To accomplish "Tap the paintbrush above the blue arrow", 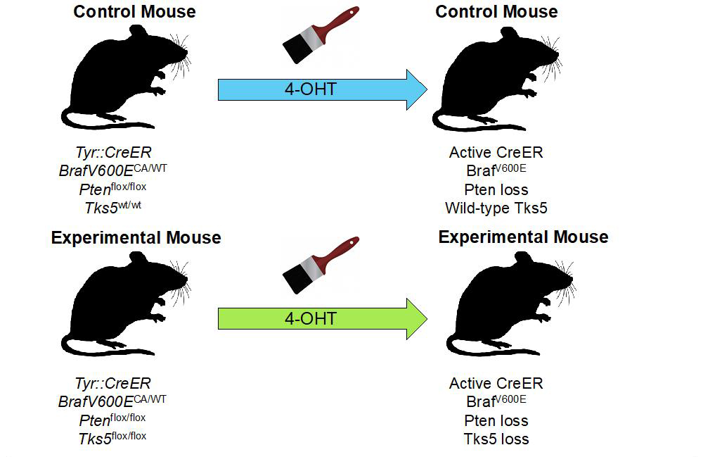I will [x=320, y=35].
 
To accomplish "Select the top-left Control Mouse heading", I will [x=134, y=12].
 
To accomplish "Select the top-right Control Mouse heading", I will [x=496, y=12].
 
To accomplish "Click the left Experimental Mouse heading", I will [x=136, y=238].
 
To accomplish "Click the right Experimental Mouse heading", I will [x=523, y=237].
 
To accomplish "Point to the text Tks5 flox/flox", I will [x=112, y=438].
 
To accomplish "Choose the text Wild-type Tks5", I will [x=496, y=208].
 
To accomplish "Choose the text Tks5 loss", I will [x=496, y=439].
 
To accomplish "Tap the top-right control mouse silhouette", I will [x=492, y=77].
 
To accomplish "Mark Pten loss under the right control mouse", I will [x=496, y=189].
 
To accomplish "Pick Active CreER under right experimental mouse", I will [x=496, y=383].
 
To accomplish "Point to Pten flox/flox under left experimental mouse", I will [x=112, y=420].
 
